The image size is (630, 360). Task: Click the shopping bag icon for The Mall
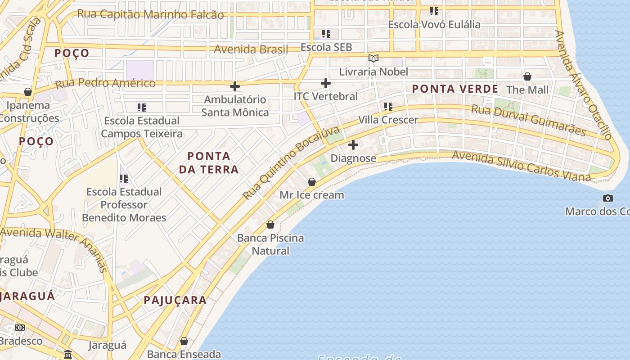tap(527, 76)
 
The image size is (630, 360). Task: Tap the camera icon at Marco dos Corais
tap(607, 198)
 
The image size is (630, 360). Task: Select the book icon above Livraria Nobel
tap(373, 58)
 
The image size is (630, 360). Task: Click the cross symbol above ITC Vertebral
tap(326, 83)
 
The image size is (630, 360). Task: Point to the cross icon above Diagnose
tap(353, 145)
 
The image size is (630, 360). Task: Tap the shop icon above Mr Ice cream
tap(311, 182)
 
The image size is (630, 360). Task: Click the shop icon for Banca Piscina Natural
tap(270, 224)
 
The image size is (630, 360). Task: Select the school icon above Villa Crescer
tap(388, 107)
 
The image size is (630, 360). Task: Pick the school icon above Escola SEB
tap(326, 34)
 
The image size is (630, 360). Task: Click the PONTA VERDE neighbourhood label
tap(455, 89)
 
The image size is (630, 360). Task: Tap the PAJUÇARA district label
tap(175, 300)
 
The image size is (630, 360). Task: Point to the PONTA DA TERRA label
tap(209, 163)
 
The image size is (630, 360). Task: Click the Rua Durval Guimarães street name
tap(528, 120)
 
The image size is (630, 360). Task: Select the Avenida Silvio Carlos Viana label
tap(521, 166)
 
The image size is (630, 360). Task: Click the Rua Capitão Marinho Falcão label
tap(150, 14)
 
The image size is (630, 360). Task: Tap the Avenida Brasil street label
tap(251, 49)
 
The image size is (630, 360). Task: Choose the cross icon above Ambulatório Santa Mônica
tap(234, 86)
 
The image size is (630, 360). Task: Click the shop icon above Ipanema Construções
tap(28, 92)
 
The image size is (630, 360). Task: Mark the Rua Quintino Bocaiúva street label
tap(291, 163)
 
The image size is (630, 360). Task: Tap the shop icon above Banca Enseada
tap(184, 341)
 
